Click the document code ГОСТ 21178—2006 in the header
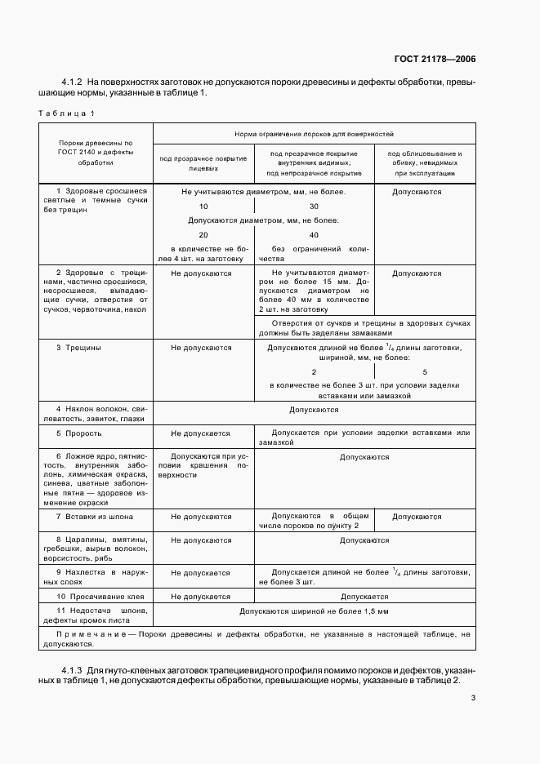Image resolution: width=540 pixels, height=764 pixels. [x=436, y=59]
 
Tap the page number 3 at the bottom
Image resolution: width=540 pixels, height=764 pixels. [x=474, y=698]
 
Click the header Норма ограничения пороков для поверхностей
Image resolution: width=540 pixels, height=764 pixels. [x=314, y=131]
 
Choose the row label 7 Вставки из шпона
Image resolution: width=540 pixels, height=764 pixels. [x=94, y=517]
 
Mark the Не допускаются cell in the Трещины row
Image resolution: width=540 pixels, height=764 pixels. [x=202, y=348]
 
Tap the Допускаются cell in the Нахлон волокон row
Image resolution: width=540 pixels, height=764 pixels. [x=314, y=410]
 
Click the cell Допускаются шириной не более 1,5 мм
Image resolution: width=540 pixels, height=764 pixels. [x=314, y=611]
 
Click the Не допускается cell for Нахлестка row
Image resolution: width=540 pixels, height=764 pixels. [x=202, y=573]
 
